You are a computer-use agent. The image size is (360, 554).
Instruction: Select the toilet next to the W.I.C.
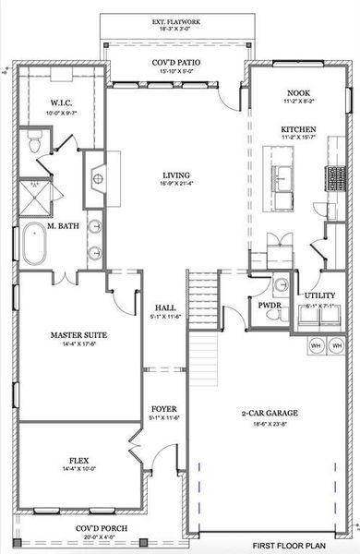click(x=33, y=141)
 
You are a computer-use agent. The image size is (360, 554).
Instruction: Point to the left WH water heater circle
click(x=317, y=345)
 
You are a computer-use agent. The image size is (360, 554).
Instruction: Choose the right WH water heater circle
click(x=339, y=345)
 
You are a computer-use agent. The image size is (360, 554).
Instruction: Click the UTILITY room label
click(x=321, y=295)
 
